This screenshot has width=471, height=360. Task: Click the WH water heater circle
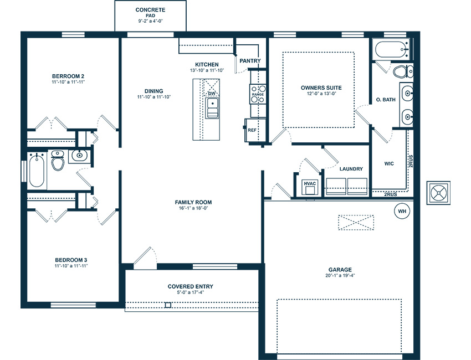coord(402,211)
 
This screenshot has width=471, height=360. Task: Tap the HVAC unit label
coord(310,183)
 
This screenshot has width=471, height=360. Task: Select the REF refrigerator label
coord(252,130)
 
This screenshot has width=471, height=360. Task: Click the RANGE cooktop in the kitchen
coord(258,94)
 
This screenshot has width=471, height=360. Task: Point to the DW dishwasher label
coord(212,94)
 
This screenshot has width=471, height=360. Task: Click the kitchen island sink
coord(212,108)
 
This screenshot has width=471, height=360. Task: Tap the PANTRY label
coord(250,61)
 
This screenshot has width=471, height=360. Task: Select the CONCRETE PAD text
coord(150,13)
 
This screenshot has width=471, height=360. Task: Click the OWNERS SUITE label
coord(321,88)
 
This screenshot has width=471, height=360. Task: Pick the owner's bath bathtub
coord(391,49)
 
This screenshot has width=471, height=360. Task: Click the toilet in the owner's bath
coord(403,72)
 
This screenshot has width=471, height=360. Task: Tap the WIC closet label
coord(389,163)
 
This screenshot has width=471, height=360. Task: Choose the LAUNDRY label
coord(351,169)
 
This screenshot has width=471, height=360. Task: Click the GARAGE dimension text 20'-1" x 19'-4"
coord(340,275)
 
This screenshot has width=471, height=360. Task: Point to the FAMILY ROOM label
coord(193,202)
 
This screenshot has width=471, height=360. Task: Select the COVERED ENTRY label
coord(191,286)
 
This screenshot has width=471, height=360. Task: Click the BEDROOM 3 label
coord(71,260)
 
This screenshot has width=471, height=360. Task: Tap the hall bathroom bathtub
coord(37,171)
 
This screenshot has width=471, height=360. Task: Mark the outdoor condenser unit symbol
coord(438,193)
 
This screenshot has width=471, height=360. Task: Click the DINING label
coord(154,91)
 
